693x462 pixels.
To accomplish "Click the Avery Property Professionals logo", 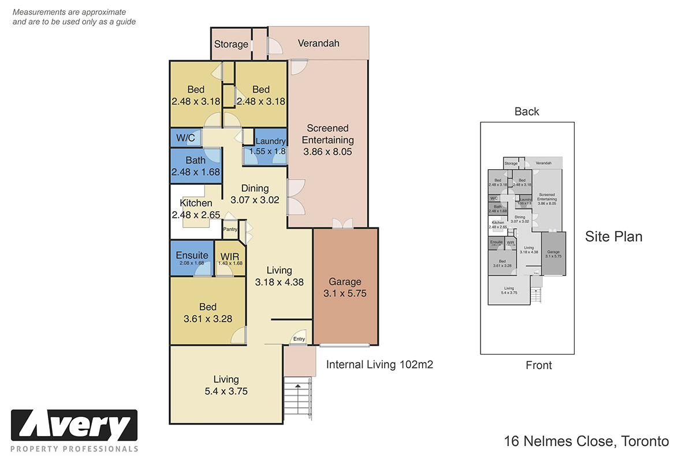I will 74,431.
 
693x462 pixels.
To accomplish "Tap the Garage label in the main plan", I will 345,282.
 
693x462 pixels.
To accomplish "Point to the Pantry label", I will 231,229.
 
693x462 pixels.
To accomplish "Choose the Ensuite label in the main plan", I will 192,255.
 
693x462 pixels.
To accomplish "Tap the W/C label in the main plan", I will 185,138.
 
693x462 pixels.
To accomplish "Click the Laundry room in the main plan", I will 270,146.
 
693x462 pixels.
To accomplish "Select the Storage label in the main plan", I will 231,44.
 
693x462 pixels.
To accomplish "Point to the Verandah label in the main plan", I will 318,43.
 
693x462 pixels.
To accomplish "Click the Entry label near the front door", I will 299,339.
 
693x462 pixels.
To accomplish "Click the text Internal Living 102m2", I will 379,364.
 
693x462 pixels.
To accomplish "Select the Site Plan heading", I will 613,236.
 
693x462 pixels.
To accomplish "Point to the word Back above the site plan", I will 527,111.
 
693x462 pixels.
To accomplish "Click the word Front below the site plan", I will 538,365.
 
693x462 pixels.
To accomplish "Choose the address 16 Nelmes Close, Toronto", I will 586,442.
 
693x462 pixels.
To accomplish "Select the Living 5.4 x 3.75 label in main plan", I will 226,385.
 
